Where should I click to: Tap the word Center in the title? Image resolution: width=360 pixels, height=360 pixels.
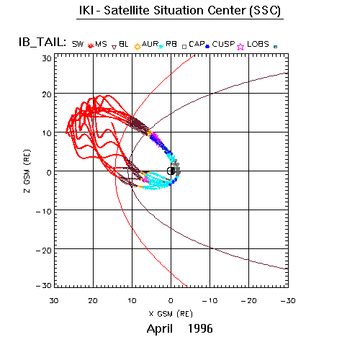click(227, 11)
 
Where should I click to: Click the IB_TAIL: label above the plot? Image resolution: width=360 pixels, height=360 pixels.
click(42, 42)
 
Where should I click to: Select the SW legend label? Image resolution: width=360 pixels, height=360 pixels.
click(78, 44)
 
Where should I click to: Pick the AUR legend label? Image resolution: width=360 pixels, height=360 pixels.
click(150, 44)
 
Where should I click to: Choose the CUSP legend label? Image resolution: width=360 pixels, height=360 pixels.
click(223, 44)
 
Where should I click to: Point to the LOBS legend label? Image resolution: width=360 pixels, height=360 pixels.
click(258, 44)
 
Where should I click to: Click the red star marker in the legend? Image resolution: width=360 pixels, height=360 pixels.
click(90, 45)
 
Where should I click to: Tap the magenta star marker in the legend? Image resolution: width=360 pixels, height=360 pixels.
click(240, 47)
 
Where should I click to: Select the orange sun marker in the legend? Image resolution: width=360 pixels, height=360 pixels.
click(138, 47)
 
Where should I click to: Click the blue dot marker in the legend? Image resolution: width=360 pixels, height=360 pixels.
click(207, 46)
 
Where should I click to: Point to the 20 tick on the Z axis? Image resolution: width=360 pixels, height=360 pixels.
click(47, 94)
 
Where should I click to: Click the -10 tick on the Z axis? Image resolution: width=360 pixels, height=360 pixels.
click(44, 212)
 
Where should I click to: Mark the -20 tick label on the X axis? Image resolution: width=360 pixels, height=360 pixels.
click(248, 300)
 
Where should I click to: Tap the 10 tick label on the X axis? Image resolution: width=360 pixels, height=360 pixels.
click(132, 300)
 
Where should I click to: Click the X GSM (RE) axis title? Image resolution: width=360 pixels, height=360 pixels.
click(171, 314)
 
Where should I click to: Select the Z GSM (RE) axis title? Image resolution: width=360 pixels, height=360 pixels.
click(27, 171)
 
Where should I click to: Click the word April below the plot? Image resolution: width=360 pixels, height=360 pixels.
click(160, 328)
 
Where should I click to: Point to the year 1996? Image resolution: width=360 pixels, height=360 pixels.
click(200, 328)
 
